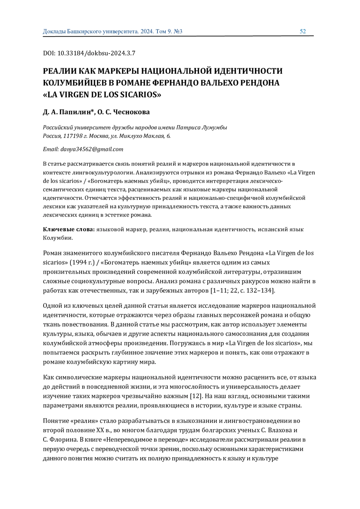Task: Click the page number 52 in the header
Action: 303,31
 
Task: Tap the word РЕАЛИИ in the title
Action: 59,71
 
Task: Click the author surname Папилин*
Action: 78,112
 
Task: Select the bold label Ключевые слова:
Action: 69,229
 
